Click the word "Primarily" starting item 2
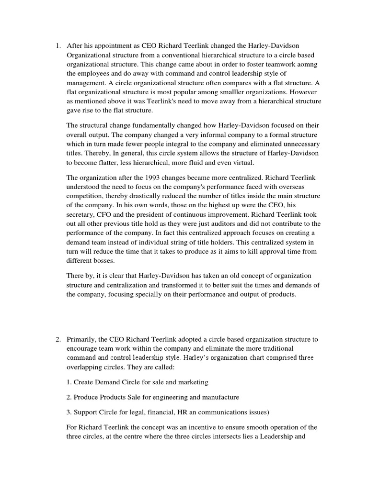(82, 339)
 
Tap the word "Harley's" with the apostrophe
(183, 357)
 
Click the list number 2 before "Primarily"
(57, 339)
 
